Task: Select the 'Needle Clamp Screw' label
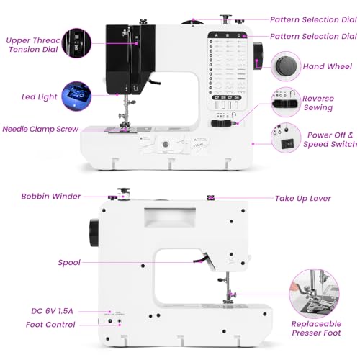[39, 129]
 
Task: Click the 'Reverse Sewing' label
[318, 103]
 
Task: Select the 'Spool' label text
[69, 263]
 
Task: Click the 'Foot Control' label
[50, 325]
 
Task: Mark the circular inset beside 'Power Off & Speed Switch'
[284, 137]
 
